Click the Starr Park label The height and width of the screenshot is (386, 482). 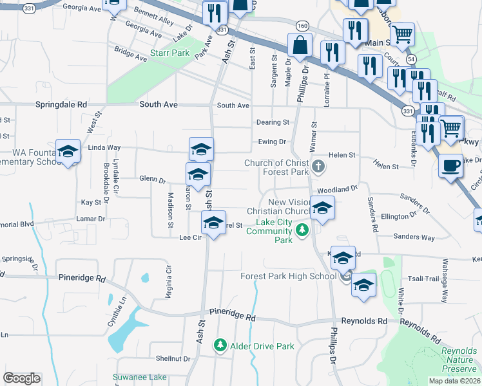pos(169,53)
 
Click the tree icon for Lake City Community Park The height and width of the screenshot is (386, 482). pos(301,228)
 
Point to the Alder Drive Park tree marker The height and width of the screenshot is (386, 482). pos(220,346)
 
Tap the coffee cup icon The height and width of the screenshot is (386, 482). pos(450,165)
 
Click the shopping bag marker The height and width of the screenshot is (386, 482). pos(300,45)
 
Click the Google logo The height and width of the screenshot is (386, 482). pos(22,378)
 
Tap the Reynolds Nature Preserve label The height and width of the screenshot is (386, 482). pos(459,360)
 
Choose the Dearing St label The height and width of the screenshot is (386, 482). pos(273,122)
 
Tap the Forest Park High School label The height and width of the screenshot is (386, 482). pos(287,277)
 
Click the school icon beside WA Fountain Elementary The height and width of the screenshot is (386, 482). pos(68,152)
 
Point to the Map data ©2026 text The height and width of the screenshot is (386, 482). pos(454,381)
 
